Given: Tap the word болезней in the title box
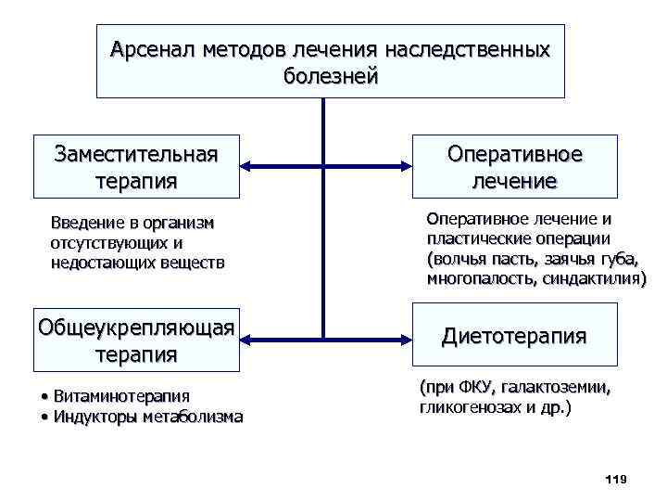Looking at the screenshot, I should (331, 76).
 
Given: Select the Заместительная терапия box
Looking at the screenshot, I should (136, 166).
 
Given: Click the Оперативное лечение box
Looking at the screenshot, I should (514, 167).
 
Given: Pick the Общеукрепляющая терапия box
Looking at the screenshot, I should (135, 340).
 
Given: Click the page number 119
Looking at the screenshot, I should (615, 479).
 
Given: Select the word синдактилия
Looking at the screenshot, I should (593, 278).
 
